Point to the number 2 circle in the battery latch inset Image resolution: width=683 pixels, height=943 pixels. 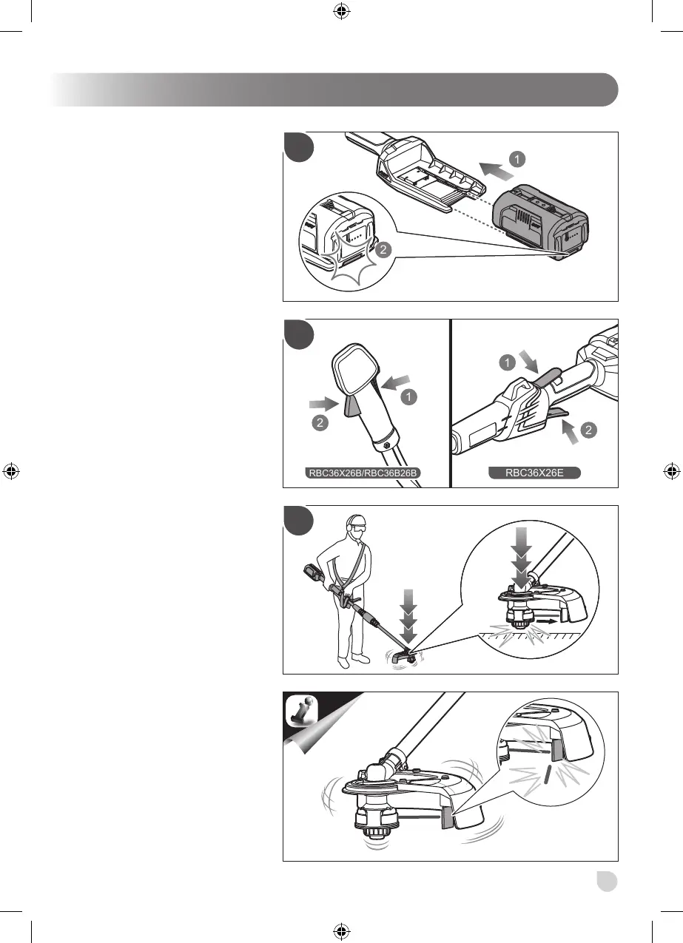tap(382, 251)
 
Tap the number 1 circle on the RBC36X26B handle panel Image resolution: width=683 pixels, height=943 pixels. tap(407, 397)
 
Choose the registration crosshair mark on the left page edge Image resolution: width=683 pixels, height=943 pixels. tap(10, 471)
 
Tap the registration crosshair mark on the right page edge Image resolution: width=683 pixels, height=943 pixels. tap(672, 471)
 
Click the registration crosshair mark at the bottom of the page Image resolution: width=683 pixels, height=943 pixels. tap(341, 932)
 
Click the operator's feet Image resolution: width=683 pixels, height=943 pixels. tap(352, 659)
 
